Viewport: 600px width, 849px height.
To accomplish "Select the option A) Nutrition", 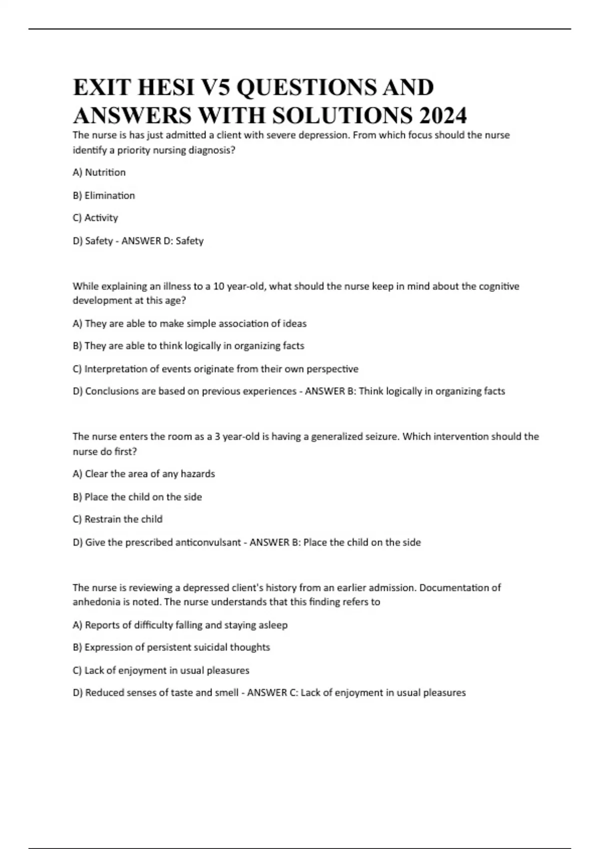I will tap(99, 172).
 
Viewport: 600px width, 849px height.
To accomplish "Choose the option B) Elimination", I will tap(103, 195).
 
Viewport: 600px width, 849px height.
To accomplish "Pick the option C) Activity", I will tap(95, 218).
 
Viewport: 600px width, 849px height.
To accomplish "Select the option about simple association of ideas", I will tap(189, 324).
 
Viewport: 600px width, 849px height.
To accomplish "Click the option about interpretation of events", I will tap(215, 369).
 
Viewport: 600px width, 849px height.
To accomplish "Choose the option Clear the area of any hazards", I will tap(143, 474).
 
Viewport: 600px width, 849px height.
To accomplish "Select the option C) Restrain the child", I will tap(117, 519).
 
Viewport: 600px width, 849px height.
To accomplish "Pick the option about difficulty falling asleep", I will tap(180, 625).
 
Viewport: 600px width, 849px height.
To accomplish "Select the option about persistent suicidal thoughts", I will tap(171, 647).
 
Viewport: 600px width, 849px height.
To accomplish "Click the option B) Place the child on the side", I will tap(137, 497).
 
